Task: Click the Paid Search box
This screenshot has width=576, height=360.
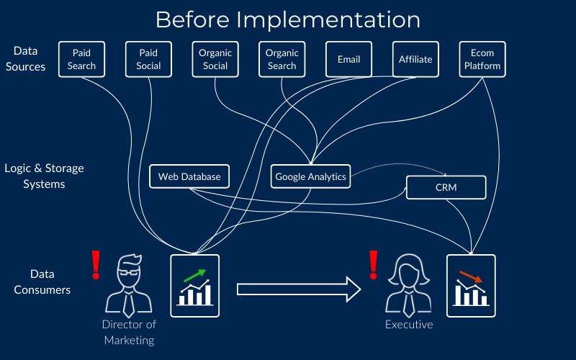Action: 81,59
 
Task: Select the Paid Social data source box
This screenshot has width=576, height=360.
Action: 148,59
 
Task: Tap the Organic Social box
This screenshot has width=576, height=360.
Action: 215,59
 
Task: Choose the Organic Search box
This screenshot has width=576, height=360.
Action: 282,59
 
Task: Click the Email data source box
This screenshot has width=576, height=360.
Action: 348,59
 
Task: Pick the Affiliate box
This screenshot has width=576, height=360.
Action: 415,59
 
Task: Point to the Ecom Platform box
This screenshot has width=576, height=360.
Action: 482,59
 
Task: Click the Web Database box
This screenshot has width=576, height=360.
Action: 189,176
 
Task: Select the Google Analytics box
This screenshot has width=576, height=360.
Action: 310,176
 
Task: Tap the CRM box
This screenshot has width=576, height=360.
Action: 446,187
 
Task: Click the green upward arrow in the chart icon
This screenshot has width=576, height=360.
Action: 194,276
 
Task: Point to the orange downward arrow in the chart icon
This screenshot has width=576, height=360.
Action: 471,276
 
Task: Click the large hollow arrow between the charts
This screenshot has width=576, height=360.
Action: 299,289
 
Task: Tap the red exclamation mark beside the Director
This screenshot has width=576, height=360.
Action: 96,264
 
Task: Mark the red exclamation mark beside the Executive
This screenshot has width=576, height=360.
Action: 374,264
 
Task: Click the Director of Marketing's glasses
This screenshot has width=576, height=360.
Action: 129,273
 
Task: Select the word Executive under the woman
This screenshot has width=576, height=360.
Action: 409,325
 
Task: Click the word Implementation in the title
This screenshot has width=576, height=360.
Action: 328,20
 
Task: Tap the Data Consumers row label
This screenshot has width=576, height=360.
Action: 42,282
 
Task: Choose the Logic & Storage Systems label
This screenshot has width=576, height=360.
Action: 44,176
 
